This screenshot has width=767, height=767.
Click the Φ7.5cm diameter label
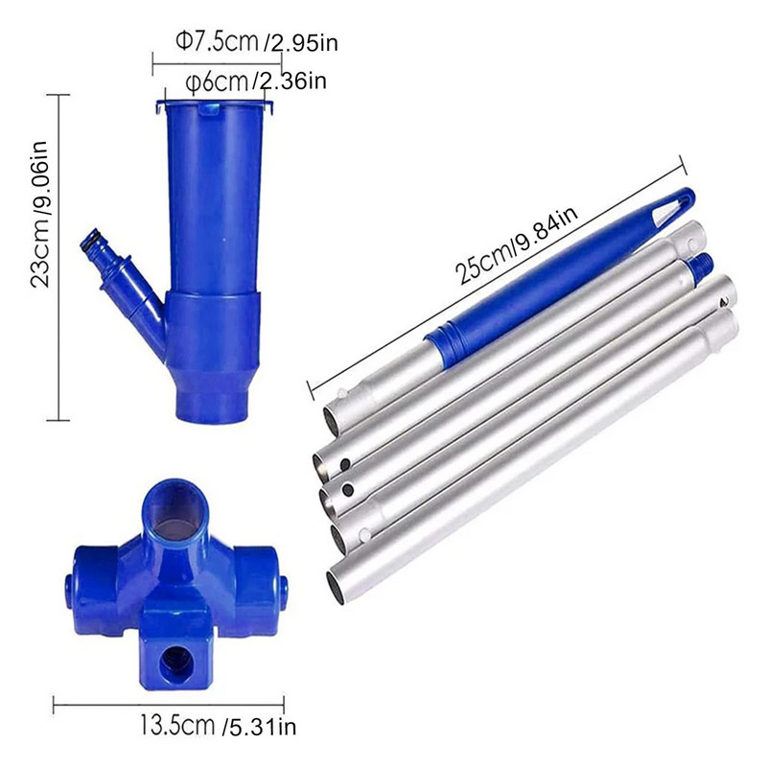(x=217, y=41)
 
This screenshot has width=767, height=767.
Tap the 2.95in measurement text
(x=301, y=43)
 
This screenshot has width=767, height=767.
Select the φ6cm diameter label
(x=217, y=81)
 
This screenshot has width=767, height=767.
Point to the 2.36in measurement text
(x=291, y=81)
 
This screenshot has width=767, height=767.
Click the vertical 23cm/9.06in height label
(x=39, y=215)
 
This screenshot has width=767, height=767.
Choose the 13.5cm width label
(x=177, y=725)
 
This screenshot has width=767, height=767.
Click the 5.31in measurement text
(x=259, y=727)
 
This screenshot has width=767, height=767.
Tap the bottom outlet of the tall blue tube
(x=212, y=406)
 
